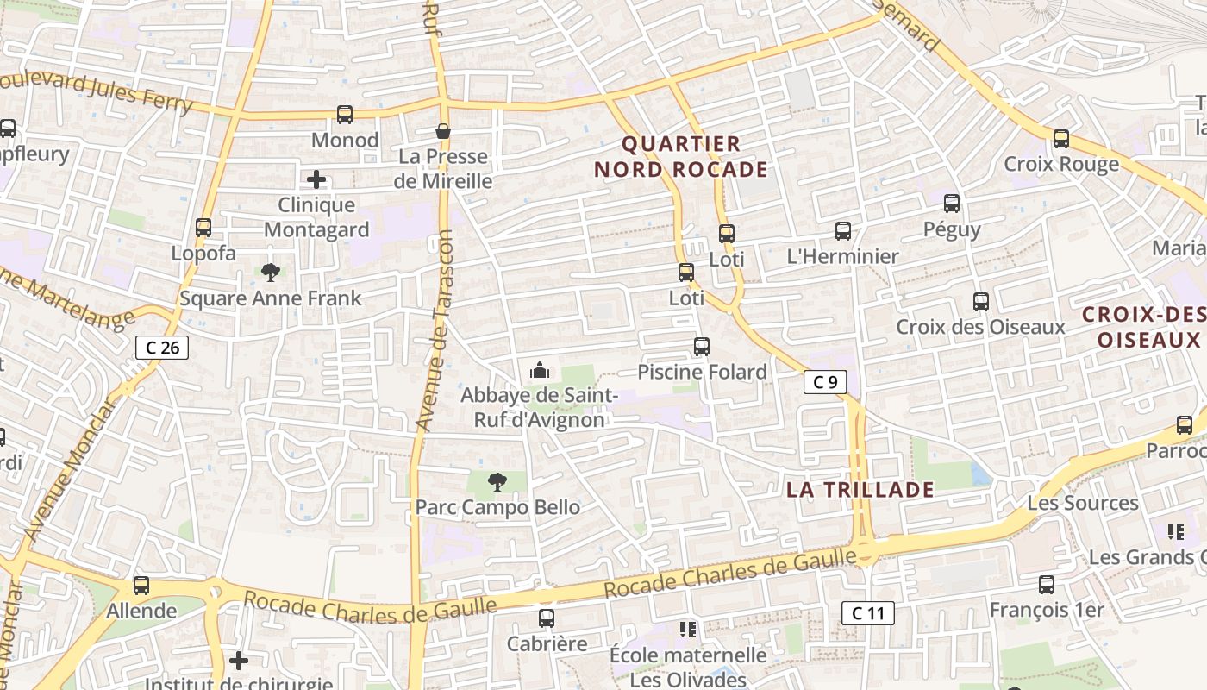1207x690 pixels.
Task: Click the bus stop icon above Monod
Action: coord(344,114)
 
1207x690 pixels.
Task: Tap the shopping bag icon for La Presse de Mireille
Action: coord(443,131)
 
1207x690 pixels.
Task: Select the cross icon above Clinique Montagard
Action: coord(316,179)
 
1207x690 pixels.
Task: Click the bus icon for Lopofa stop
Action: coord(203,228)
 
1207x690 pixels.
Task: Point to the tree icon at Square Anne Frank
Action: coord(271,273)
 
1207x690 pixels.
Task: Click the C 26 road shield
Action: coord(162,348)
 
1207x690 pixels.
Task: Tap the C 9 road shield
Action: coord(825,381)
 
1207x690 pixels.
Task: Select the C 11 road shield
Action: coord(867,613)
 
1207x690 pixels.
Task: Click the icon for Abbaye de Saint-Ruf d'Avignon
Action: coord(540,371)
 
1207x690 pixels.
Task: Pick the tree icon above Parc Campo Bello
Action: coord(497,482)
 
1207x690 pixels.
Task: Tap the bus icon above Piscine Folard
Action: coord(702,347)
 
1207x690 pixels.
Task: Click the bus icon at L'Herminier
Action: coord(843,231)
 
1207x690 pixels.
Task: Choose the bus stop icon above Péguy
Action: coord(952,204)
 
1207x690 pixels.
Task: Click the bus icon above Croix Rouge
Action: coord(1061,138)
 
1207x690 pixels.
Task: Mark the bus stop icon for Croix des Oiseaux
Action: coord(981,302)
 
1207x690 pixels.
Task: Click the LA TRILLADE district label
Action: coord(860,490)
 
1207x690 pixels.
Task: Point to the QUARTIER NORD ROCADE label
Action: coord(680,156)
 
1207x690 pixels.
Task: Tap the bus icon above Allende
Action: coord(141,586)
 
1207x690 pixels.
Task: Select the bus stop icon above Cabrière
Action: coord(547,618)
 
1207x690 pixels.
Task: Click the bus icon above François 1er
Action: coord(1047,585)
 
